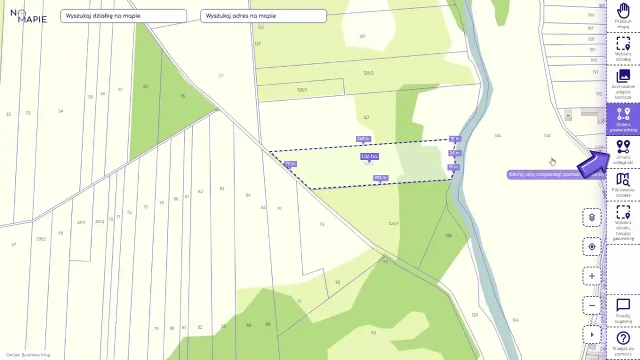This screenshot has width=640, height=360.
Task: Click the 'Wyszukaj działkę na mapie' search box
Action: [123, 16]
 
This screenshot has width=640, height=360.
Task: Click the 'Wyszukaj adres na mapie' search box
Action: [263, 16]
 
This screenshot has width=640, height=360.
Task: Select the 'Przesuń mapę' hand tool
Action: [623, 16]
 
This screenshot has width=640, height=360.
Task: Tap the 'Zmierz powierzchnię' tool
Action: [623, 119]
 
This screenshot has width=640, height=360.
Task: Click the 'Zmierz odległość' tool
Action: [623, 152]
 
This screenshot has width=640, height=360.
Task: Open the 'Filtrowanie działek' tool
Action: [623, 185]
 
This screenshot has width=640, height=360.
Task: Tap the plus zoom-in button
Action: [592, 276]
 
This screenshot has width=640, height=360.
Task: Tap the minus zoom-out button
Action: [592, 306]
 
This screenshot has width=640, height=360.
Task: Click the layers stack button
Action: [592, 218]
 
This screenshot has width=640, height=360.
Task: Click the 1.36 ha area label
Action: [369, 156]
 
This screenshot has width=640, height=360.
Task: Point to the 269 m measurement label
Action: [363, 139]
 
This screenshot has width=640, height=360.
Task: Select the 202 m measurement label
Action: [380, 178]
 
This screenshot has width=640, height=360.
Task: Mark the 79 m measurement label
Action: [290, 164]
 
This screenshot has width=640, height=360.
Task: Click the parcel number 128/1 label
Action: [302, 90]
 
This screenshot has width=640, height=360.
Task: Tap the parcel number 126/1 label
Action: [394, 223]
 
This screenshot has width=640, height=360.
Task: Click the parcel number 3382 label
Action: [41, 239]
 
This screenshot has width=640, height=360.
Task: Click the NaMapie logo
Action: [29, 16]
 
